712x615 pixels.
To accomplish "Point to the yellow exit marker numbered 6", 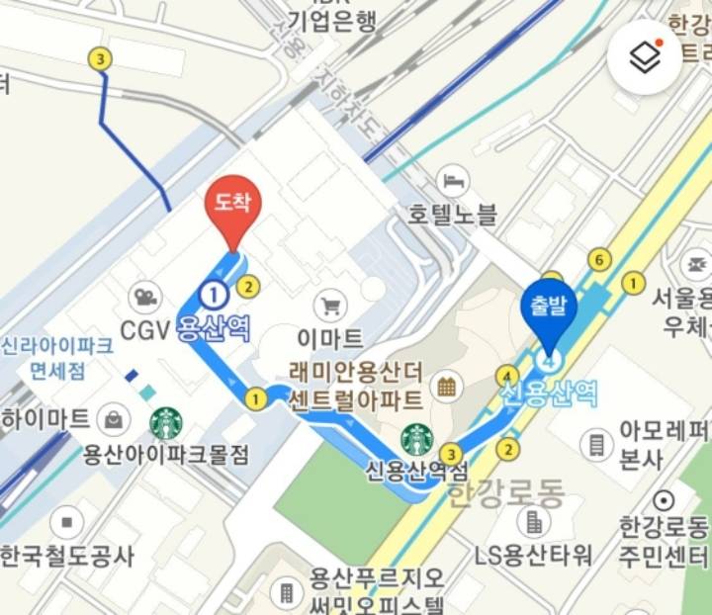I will (596, 260).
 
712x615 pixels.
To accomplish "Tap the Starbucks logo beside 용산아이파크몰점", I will (166, 422).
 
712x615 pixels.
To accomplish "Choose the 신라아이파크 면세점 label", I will (57, 359).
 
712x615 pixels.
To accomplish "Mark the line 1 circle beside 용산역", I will (213, 293).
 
